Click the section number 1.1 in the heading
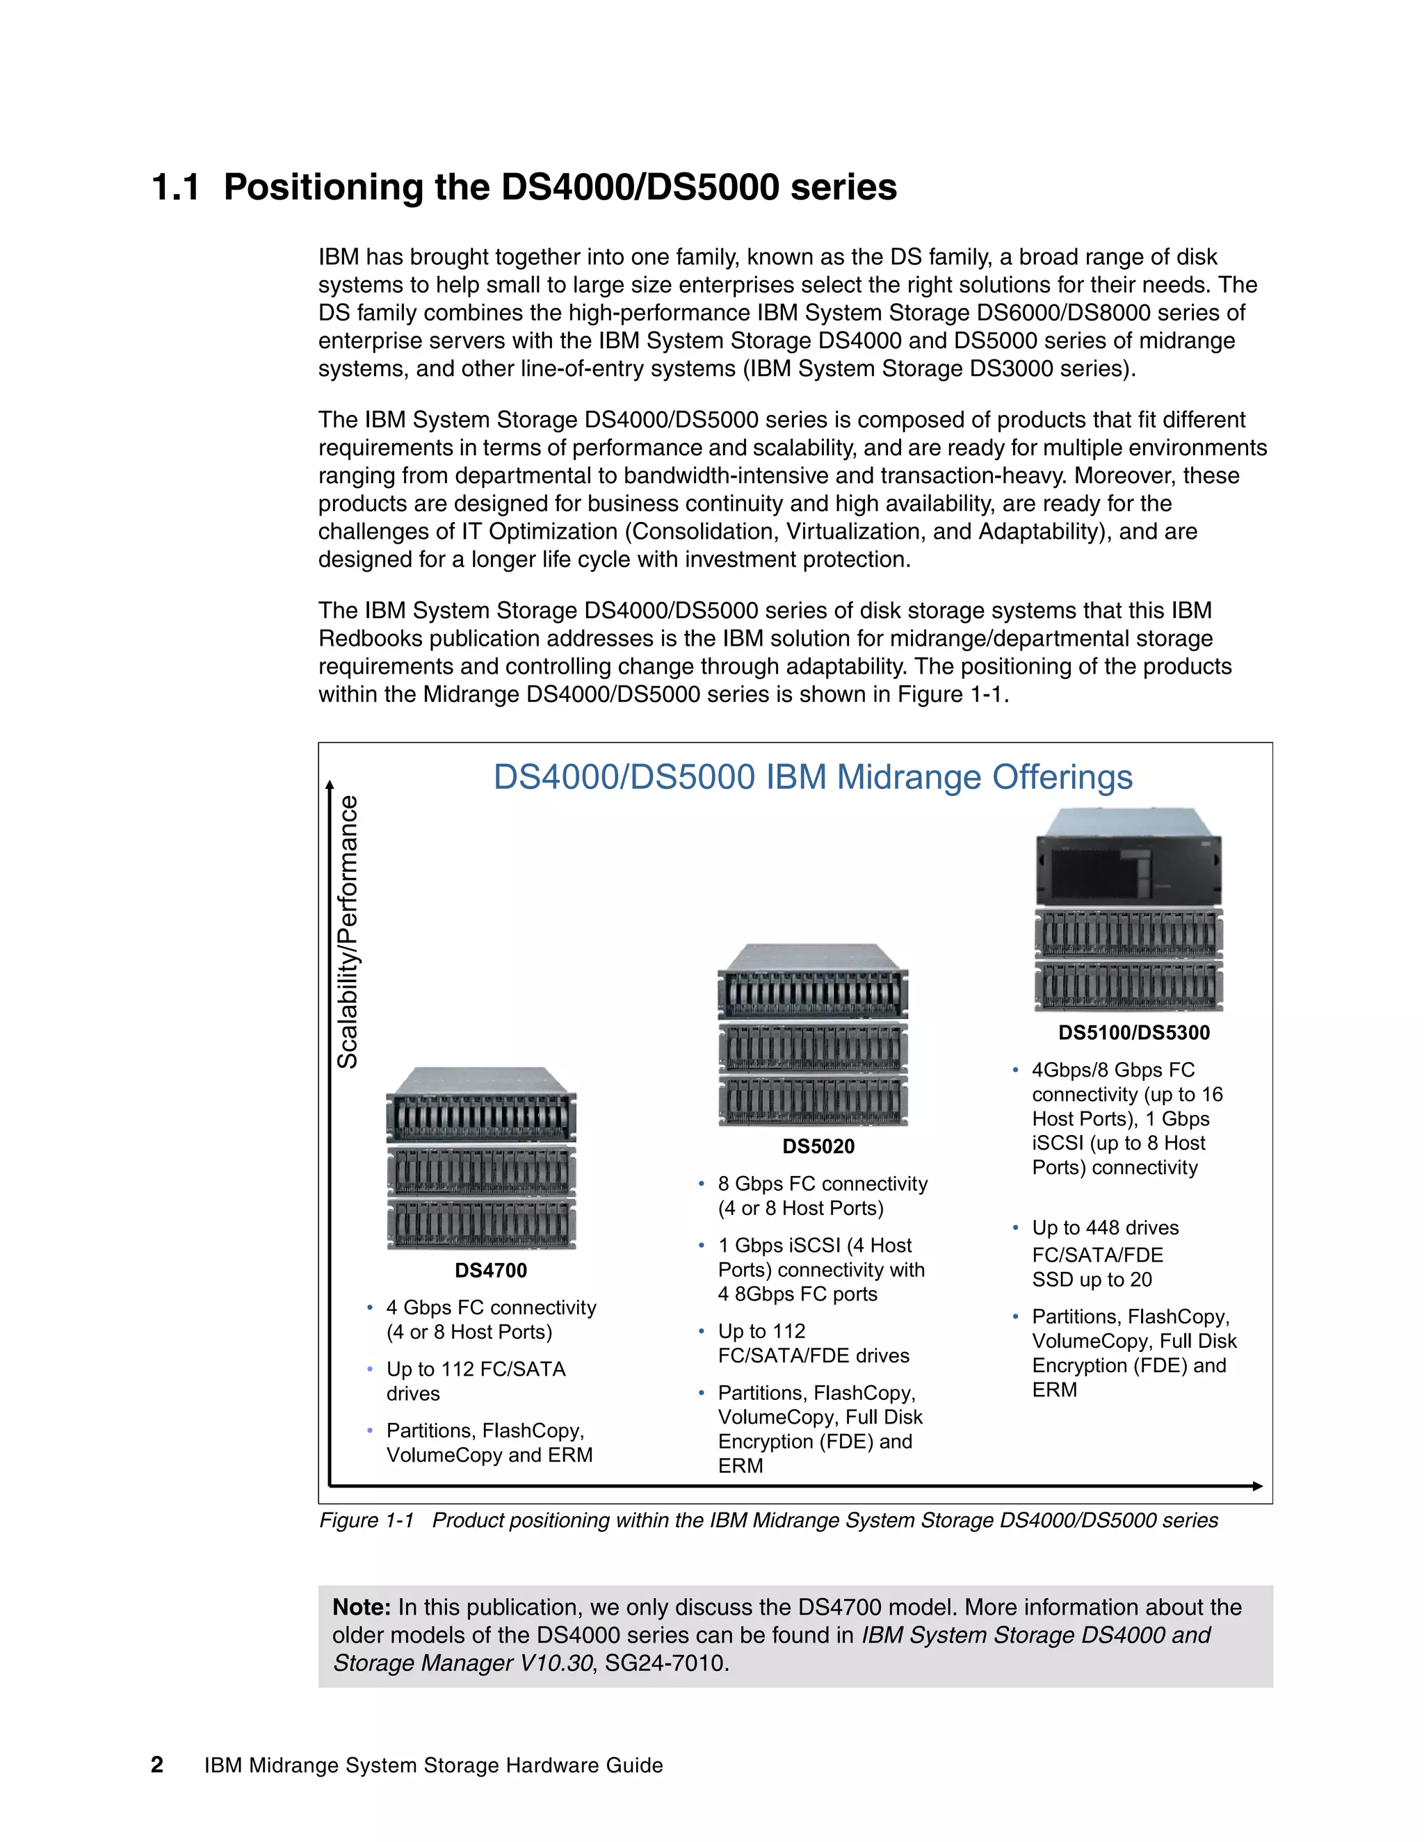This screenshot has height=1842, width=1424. [175, 187]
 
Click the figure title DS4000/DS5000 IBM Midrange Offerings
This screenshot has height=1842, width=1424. [812, 777]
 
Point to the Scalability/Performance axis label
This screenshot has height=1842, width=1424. [348, 932]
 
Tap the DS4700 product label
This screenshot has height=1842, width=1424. [491, 1270]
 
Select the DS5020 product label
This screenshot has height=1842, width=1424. [818, 1146]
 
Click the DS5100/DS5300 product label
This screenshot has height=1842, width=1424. [1134, 1032]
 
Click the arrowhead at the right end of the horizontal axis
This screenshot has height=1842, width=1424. [1257, 1486]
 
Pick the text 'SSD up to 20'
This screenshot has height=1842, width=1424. [1092, 1280]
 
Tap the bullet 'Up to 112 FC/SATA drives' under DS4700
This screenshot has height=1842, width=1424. [476, 1380]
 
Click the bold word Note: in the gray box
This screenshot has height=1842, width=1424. [361, 1608]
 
